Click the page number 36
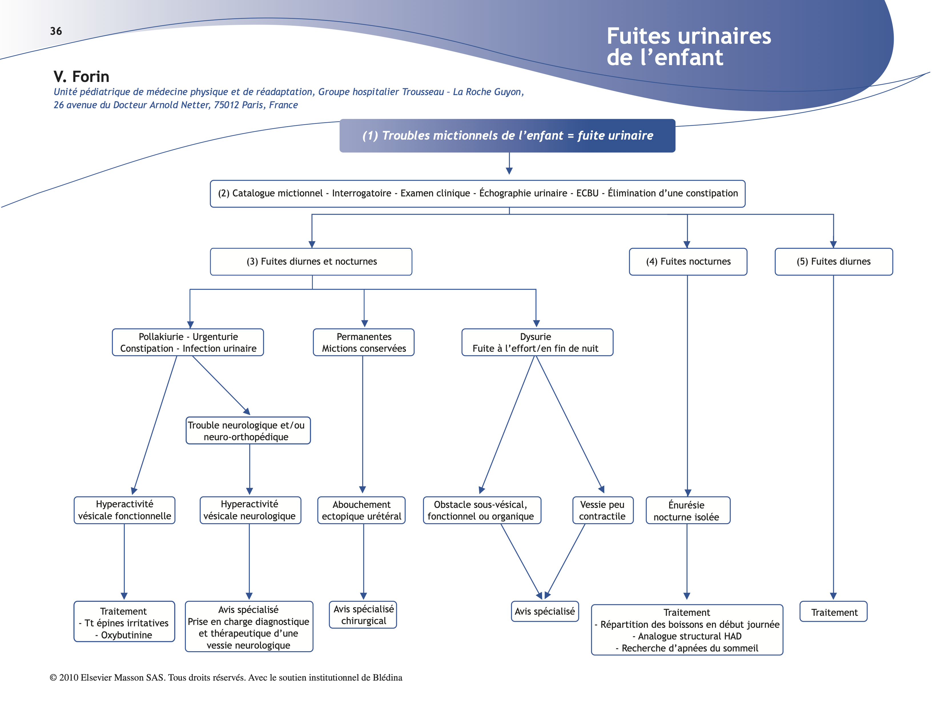tap(56, 31)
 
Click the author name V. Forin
tap(82, 77)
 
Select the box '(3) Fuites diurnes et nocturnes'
tap(311, 262)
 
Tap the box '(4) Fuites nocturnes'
tap(688, 262)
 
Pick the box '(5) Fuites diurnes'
tap(834, 262)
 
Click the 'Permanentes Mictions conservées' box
tap(364, 342)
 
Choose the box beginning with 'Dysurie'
tap(537, 342)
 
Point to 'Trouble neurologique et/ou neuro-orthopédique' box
tap(248, 431)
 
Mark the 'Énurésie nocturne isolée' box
tap(687, 510)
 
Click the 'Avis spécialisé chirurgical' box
tap(363, 615)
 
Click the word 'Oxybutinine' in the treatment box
tap(126, 635)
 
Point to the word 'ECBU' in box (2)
tap(587, 193)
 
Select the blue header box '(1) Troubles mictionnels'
tap(507, 136)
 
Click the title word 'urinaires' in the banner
tap(726, 36)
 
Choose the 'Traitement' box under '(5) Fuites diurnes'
tap(834, 612)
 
